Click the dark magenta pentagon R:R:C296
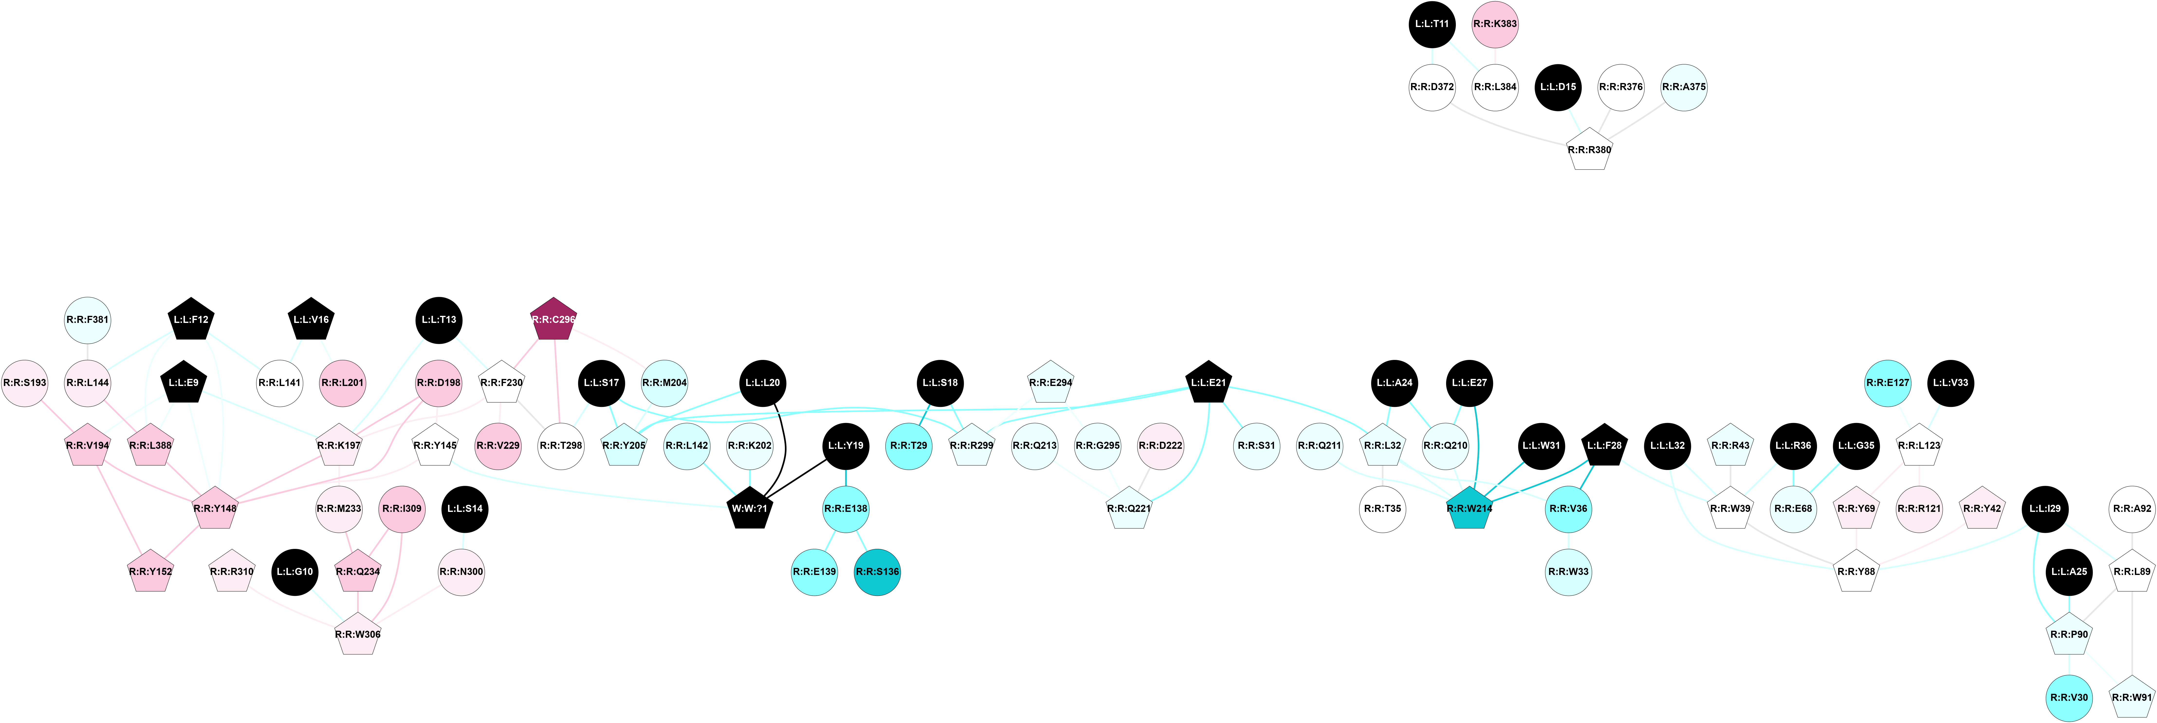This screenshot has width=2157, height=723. coord(553,319)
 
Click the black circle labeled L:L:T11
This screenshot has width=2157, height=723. coord(1432,23)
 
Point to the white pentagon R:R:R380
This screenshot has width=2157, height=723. coord(1589,150)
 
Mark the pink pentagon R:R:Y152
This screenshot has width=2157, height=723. coord(151,571)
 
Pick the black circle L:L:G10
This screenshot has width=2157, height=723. coord(295,571)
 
